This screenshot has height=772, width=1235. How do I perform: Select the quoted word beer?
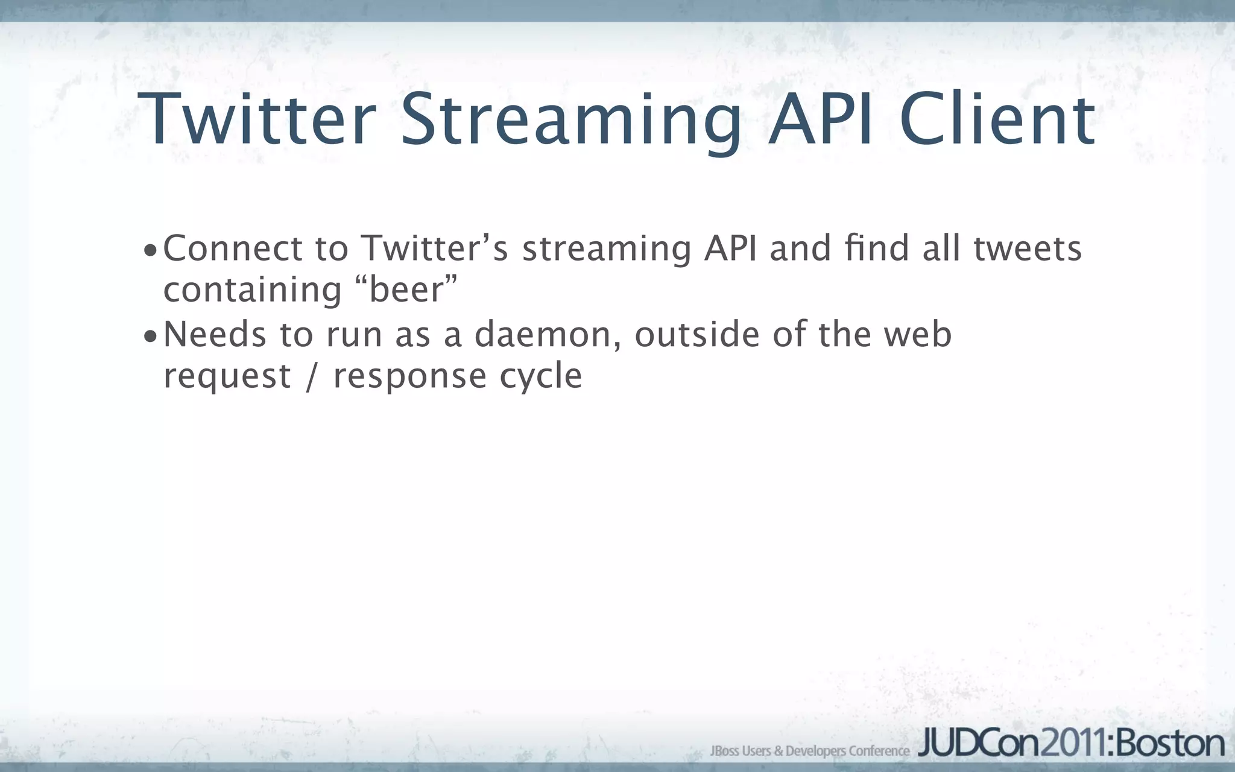(x=406, y=290)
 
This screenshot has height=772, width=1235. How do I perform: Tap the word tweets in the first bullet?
(x=1028, y=248)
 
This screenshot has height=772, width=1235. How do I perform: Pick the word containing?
(x=253, y=290)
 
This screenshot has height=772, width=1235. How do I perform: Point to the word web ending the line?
(x=918, y=335)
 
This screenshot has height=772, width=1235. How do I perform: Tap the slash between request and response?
(x=312, y=376)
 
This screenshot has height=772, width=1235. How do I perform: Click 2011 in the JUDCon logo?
(x=1075, y=744)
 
